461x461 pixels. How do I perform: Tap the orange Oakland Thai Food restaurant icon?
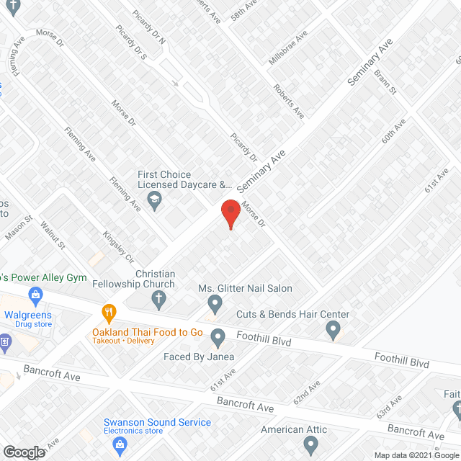pyautogui.click(x=109, y=312)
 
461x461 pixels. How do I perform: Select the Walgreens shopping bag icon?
pyautogui.click(x=34, y=294)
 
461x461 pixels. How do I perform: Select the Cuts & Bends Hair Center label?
pyautogui.click(x=293, y=314)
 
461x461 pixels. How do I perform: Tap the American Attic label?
pyautogui.click(x=293, y=429)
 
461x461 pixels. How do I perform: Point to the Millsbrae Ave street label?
pyautogui.click(x=287, y=48)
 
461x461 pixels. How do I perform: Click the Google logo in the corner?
pyautogui.click(x=23, y=452)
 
